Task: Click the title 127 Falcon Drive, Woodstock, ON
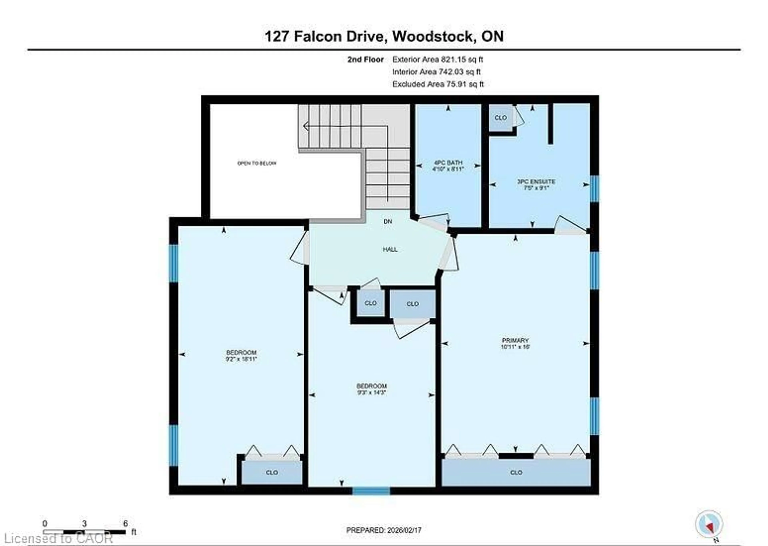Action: pyautogui.click(x=384, y=36)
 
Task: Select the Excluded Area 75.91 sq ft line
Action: pyautogui.click(x=438, y=84)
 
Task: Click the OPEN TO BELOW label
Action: pyautogui.click(x=257, y=163)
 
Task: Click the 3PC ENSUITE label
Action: pyautogui.click(x=536, y=182)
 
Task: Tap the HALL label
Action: pyautogui.click(x=390, y=249)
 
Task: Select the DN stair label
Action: pyautogui.click(x=388, y=222)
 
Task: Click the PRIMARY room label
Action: pyautogui.click(x=515, y=340)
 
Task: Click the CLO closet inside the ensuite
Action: pyautogui.click(x=500, y=118)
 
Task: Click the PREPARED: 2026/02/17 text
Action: pyautogui.click(x=383, y=530)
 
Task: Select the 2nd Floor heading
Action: pyautogui.click(x=365, y=59)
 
